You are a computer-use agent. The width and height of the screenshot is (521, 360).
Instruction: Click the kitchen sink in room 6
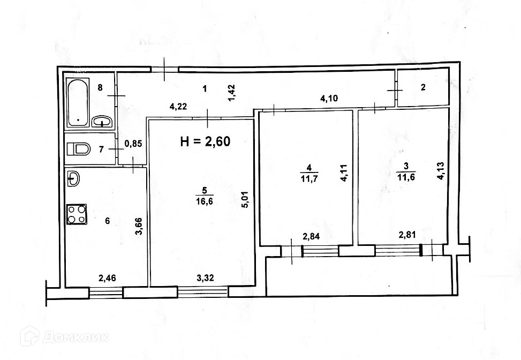(74, 178)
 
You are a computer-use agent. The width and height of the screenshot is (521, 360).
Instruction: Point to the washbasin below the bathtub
(102, 122)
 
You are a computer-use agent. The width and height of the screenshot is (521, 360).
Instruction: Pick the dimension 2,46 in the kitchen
(108, 277)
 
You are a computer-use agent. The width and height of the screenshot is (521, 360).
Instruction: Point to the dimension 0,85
(133, 143)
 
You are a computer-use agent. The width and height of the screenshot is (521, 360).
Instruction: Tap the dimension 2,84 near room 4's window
(311, 236)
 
